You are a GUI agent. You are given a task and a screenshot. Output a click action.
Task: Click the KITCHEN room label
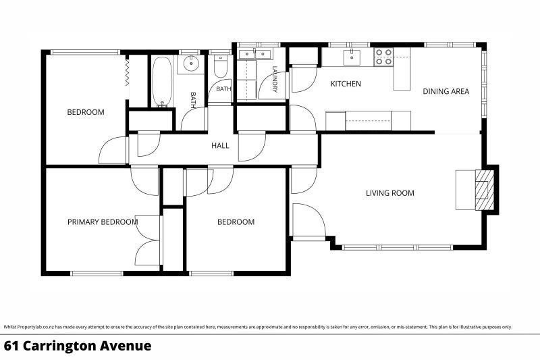(x=346, y=84)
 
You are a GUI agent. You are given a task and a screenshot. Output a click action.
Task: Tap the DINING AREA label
(x=446, y=91)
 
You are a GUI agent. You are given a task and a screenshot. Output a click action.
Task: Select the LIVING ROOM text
(x=390, y=193)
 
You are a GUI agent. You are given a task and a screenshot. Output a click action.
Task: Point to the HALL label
(x=221, y=146)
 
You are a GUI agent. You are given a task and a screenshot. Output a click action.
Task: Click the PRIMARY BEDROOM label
(x=103, y=222)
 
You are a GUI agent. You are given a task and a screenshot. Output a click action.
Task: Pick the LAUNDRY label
(x=275, y=79)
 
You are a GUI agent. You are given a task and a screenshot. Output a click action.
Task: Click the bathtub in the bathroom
(x=162, y=82)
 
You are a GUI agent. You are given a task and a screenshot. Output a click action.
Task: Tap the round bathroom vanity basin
(x=190, y=63)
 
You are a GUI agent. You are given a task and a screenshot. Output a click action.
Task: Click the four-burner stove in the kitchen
(x=383, y=57)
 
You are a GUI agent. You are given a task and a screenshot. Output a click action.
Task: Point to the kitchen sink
(x=352, y=57)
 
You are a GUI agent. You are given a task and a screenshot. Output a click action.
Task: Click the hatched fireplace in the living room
(x=485, y=190)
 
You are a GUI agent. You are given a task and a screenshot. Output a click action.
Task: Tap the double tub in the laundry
(x=255, y=54)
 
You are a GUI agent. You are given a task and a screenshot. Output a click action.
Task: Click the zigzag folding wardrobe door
(x=126, y=72)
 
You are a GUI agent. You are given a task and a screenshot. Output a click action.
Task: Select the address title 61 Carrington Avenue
(x=78, y=346)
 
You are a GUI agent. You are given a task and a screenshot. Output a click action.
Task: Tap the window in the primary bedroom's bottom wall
(x=97, y=274)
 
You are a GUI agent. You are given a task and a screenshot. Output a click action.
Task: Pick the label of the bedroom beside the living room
(x=236, y=222)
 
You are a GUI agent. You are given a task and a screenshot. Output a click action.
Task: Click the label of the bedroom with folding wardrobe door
(x=86, y=112)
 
